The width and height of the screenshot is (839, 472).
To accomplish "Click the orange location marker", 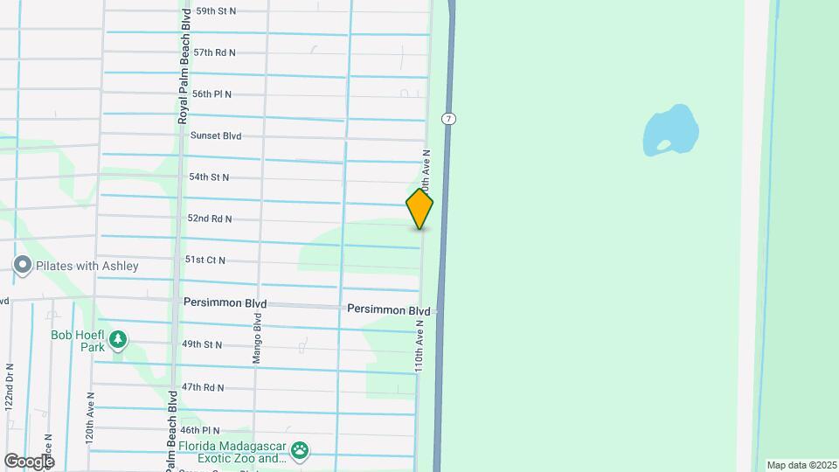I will (419, 209).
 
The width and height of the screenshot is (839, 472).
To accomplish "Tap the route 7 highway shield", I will (448, 119).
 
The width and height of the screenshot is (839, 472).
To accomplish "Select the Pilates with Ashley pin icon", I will (22, 265).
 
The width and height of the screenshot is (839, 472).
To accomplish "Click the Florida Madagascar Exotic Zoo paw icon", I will (301, 451).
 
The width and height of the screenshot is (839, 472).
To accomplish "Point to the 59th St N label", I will (216, 11).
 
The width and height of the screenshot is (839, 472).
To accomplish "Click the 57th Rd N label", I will (215, 52).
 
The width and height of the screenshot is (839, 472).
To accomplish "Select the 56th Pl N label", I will (212, 94).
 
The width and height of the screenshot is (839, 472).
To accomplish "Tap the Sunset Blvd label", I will (216, 136).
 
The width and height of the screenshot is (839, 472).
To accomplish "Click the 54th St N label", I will (209, 177).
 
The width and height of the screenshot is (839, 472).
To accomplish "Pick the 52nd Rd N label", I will (210, 219).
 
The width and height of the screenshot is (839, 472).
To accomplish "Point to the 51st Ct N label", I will (205, 260).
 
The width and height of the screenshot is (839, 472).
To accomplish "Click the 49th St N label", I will (202, 345).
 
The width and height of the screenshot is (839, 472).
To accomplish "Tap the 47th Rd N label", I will (203, 387).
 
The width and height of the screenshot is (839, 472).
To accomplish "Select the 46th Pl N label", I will (200, 430).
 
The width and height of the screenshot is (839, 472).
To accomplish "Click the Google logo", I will (28, 461).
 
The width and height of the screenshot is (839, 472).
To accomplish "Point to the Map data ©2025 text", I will (800, 465).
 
